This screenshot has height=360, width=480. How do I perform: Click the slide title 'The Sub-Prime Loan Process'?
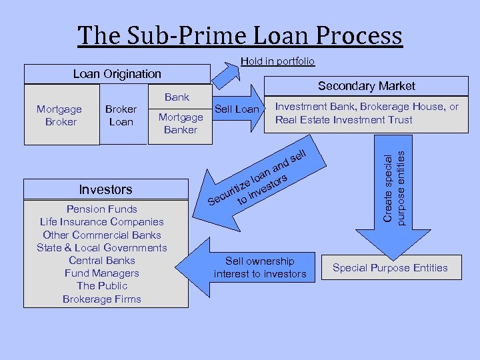240,35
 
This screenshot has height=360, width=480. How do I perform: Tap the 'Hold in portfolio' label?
277,61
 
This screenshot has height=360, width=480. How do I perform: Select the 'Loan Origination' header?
117,74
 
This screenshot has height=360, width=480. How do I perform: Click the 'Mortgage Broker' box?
60,115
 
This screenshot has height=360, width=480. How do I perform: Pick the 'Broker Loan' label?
121,115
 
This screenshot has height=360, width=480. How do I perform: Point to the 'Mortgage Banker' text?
181,123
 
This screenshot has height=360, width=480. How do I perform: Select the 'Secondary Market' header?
366,86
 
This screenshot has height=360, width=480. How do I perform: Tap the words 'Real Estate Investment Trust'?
344,120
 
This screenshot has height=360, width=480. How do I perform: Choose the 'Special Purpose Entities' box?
390,268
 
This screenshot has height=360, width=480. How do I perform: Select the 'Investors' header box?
106,189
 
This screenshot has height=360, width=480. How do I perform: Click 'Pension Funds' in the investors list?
102,209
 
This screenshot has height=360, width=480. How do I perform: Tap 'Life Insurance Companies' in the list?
102,222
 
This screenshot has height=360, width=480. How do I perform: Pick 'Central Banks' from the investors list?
102,261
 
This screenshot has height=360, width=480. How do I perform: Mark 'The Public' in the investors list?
102,286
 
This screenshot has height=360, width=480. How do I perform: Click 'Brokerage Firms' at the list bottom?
102,299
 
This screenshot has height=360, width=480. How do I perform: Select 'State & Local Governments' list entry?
102,248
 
